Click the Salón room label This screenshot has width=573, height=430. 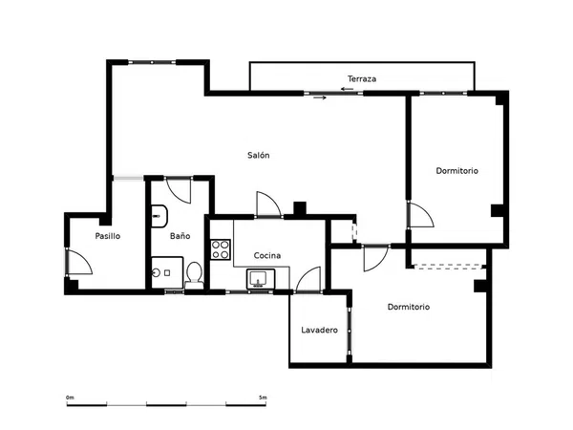pos(259,155)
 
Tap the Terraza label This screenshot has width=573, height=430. pos(362,78)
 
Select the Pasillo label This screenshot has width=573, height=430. pos(107,236)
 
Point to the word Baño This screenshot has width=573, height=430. pos(180,236)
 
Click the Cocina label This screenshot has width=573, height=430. pos(267,255)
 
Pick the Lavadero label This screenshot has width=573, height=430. pos(319,330)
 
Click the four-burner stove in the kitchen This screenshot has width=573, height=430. pos(221,249)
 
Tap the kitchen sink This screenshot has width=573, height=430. pos(261,279)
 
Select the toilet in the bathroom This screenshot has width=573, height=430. pos(194,272)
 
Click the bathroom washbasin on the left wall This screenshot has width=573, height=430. pos(159,216)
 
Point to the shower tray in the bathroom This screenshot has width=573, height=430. pos(167,272)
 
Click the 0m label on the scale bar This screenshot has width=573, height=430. pos(70,398)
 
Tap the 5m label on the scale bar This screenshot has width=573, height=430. pos(263,398)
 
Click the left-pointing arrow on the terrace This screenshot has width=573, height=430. pos(347,89)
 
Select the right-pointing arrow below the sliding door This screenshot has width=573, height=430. pos(320,97)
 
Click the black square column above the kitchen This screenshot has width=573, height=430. pos(300,208)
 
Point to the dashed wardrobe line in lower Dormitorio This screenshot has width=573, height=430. pos(450,267)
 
